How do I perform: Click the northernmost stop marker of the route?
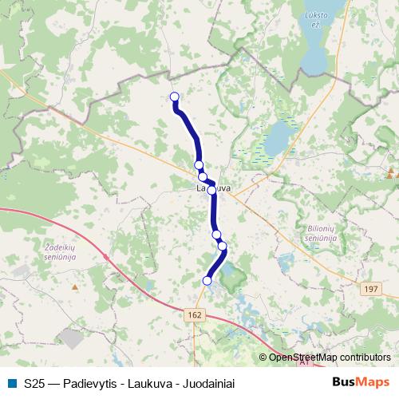tap(175, 97)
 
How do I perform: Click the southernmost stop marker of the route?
tap(207, 280)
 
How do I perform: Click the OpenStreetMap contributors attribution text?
tap(330, 358)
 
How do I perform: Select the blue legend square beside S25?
tap(11, 383)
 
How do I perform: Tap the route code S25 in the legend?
tap(34, 383)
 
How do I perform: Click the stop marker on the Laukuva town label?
tap(211, 190)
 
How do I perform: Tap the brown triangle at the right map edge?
tap(391, 172)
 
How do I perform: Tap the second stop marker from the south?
tap(222, 246)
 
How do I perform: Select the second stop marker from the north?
tap(199, 165)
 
